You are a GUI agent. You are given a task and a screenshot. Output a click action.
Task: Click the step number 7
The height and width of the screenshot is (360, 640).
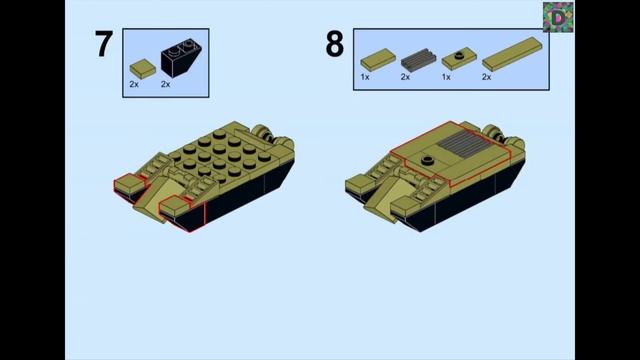104,44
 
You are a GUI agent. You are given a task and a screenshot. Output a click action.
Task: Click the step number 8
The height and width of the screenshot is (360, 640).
334,44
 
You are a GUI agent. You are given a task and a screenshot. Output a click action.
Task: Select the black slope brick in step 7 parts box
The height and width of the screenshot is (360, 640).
181,58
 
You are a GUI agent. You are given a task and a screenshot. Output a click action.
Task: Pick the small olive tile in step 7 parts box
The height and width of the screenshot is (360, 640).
142,69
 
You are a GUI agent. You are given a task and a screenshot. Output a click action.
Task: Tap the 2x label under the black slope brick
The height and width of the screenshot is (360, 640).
165,84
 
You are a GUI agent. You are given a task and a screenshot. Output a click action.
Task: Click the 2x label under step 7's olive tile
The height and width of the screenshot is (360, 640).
134,84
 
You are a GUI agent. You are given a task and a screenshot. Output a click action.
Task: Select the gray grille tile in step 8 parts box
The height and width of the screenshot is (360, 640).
418,60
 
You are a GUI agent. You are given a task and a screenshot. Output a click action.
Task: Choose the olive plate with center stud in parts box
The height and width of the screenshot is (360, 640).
459,59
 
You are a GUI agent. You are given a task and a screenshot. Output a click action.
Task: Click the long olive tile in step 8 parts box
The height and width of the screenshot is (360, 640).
512,54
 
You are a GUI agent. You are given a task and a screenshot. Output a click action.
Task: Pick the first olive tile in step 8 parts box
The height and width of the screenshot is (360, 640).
378,60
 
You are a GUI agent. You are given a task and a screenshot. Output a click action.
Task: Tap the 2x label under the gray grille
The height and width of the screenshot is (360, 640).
405,77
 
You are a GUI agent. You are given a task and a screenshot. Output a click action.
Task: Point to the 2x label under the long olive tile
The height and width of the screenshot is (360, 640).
486,77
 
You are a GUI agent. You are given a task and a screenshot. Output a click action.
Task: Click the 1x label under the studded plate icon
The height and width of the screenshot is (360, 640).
446,77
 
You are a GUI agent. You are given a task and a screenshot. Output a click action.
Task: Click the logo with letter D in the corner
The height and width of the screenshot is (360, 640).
558,17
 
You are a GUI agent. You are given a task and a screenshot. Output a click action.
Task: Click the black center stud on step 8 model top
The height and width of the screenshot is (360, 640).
427,160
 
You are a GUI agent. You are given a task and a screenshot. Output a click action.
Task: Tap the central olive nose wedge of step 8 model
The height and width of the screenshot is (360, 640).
385,198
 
